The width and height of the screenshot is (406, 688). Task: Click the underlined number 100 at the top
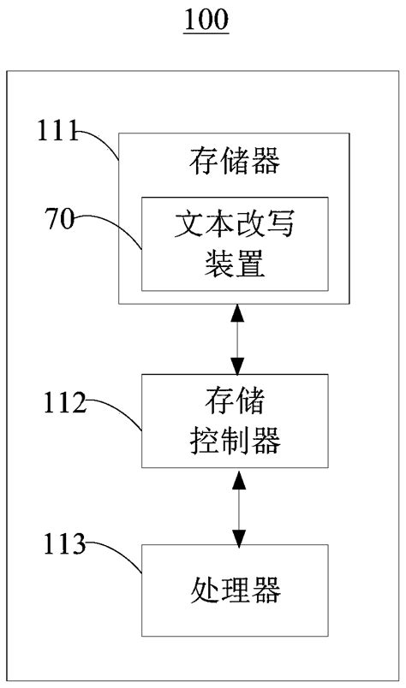click(x=206, y=19)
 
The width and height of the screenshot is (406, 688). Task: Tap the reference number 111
click(x=56, y=132)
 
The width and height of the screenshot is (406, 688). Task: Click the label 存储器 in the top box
click(x=234, y=160)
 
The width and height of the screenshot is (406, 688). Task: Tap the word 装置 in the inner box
click(x=234, y=265)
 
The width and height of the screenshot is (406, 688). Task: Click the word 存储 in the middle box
click(x=234, y=400)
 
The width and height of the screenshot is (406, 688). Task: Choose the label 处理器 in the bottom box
click(x=234, y=590)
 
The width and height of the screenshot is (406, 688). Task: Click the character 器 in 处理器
click(x=267, y=590)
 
